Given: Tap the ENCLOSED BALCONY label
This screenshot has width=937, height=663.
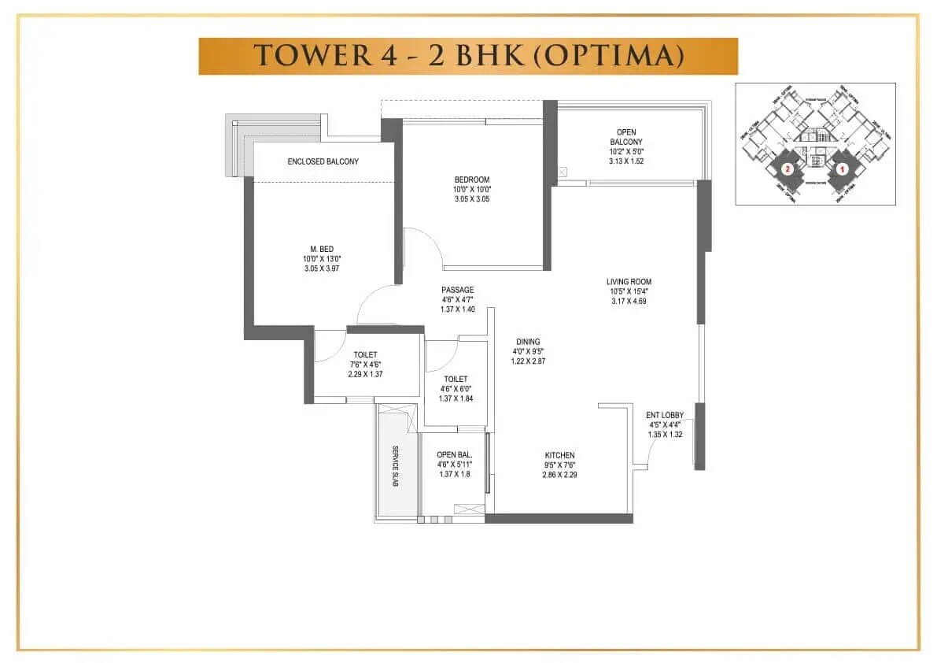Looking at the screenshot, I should tap(323, 161).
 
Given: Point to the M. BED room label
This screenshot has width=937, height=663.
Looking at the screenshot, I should tap(321, 249).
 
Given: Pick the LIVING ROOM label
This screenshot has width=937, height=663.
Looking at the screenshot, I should tap(629, 282).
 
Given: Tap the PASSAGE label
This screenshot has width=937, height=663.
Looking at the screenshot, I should tap(457, 290).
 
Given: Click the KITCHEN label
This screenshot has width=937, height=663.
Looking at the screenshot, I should tap(559, 456).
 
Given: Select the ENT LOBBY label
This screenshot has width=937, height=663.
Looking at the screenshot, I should tap(665, 415).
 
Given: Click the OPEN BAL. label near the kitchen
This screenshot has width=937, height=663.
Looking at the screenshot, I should tap(454, 455).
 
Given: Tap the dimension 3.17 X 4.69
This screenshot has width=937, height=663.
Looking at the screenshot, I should tap(629, 301).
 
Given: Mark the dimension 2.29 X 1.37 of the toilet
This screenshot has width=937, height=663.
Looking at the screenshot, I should tap(365, 374).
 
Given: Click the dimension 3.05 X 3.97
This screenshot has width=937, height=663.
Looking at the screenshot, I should tap(321, 269).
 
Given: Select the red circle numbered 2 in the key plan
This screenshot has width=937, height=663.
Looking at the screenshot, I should tap(785, 169).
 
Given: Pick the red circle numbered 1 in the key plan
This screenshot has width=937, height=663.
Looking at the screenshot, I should tap(841, 169).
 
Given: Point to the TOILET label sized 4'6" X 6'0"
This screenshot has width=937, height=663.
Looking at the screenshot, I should tap(456, 380).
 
